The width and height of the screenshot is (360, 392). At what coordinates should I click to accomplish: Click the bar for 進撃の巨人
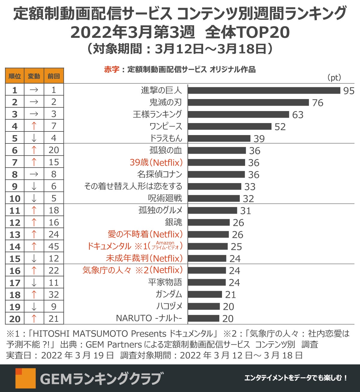tap(264, 90)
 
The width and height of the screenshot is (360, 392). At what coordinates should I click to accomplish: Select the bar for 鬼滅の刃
tap(248, 102)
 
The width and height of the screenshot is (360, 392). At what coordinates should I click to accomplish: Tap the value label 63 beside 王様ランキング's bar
tap(298, 115)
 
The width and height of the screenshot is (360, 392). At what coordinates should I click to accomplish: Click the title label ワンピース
tap(166, 126)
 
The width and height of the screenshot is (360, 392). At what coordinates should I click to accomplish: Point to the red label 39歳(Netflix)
tap(156, 162)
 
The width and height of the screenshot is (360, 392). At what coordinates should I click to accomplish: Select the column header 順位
tap(15, 76)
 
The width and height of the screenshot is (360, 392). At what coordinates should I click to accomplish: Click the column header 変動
tap(34, 76)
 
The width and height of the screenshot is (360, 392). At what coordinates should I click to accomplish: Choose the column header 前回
tap(54, 76)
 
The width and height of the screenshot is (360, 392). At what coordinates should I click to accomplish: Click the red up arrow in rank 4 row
tap(34, 126)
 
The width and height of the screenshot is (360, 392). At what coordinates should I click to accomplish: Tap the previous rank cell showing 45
tap(54, 246)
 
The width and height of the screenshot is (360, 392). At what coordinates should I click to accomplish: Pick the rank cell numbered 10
tap(15, 198)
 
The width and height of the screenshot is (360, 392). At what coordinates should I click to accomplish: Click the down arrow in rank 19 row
tap(34, 306)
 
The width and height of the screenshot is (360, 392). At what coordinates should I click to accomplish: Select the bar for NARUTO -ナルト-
tap(204, 318)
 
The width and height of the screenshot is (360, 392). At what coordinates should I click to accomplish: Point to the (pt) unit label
tap(334, 78)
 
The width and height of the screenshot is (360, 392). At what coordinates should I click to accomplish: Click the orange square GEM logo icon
tap(25, 378)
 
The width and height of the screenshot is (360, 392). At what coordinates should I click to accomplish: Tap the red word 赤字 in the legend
tap(112, 69)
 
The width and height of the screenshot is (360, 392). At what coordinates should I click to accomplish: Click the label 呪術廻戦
tap(165, 198)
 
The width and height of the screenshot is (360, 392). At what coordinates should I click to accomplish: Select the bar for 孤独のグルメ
tap(212, 210)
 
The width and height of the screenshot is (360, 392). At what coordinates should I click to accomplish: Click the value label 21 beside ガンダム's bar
tap(230, 295)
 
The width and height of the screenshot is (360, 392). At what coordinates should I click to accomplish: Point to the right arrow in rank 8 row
tap(34, 174)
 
